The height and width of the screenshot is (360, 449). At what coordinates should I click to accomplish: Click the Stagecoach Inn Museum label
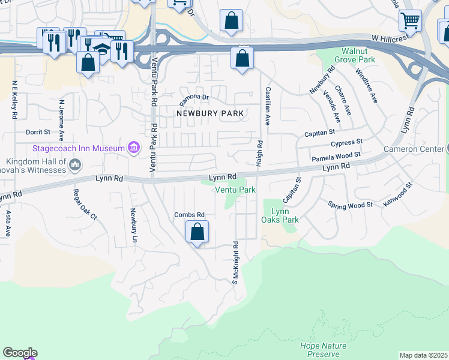(x=79, y=148)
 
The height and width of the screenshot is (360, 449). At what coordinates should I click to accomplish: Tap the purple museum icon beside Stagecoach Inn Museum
(x=134, y=148)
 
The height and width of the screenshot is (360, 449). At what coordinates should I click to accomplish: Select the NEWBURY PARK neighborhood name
(x=209, y=113)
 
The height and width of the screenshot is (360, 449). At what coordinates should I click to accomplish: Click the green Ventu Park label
(x=235, y=190)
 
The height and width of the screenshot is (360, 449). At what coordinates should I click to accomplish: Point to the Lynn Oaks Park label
(x=285, y=215)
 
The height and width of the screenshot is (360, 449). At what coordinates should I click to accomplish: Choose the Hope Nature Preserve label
(x=323, y=350)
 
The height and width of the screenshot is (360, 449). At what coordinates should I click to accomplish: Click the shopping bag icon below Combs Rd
(x=197, y=232)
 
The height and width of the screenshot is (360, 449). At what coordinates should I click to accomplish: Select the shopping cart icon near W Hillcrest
(x=410, y=20)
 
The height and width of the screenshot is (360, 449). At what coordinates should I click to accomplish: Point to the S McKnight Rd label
(x=236, y=262)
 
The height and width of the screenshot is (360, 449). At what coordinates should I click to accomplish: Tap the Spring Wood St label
(x=351, y=205)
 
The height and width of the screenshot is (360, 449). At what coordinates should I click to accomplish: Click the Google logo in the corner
(x=20, y=353)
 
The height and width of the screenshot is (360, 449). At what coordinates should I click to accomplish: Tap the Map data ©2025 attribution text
(x=423, y=355)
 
